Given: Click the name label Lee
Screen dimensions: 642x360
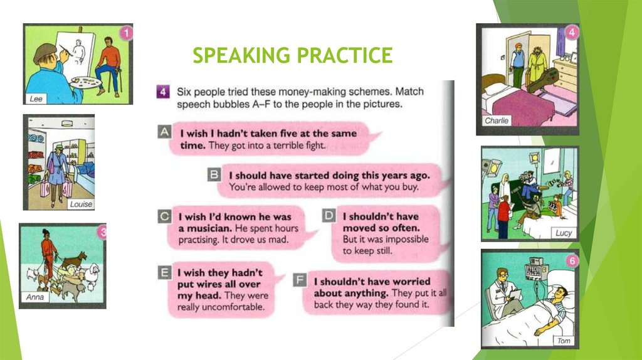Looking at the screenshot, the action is pos(36,98).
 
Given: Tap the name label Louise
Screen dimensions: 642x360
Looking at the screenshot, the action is pos(81,204).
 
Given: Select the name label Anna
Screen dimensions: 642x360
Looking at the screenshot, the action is pos(34,297).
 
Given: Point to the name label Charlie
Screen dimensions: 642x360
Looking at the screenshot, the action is pos(497,120).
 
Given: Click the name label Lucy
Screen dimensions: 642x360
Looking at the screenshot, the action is pos(564,233).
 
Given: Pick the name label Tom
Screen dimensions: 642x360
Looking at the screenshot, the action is pos(564,341).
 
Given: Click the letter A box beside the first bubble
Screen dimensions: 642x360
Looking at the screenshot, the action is pos(164,132).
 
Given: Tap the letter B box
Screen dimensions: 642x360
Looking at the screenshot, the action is pos(214,174).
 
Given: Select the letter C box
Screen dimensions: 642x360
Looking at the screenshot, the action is pos(164,216).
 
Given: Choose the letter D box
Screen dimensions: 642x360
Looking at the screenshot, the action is pos(329,215).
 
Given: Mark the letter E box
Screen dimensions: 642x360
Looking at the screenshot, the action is pos(164,272).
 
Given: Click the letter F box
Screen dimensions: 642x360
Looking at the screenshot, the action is pos(300,280).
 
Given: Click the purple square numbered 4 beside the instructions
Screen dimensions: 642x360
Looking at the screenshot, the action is pos(163,92).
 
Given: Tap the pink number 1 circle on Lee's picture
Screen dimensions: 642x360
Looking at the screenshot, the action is pos(126,33).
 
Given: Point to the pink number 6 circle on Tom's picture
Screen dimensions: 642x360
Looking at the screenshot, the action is pos(572,261).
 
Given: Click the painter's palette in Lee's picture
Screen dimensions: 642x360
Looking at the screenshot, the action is pos(85,83).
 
